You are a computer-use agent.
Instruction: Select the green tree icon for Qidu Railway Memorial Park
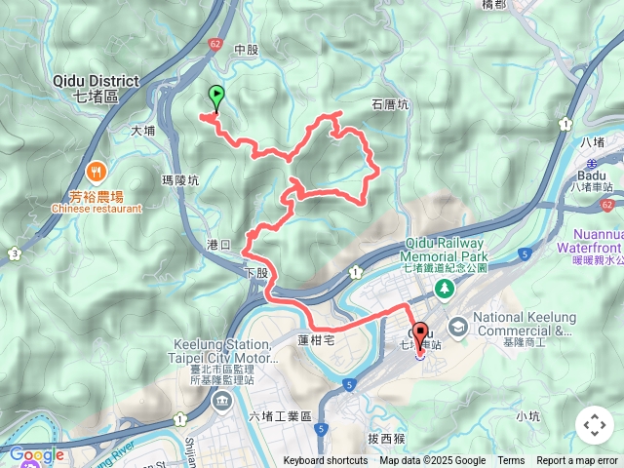[x=445, y=288]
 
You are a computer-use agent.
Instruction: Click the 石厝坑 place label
[x=390, y=103]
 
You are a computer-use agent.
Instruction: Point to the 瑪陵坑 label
[x=180, y=180]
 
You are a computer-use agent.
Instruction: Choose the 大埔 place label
[x=142, y=130]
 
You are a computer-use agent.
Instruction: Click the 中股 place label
[x=247, y=49]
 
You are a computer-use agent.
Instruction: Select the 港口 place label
[x=219, y=243]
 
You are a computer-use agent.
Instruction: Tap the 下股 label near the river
[x=255, y=273]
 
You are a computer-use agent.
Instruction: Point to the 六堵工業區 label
[x=280, y=416]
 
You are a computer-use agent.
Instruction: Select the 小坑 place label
[x=528, y=416]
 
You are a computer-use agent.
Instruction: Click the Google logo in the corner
[x=36, y=454]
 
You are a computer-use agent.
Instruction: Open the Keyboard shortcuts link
[x=326, y=461]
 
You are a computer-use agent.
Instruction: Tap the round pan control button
[x=595, y=425]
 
